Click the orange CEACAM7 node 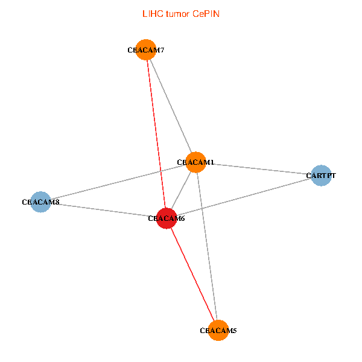pos(146,50)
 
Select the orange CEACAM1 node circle pos(196,162)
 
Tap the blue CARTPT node pos(321,176)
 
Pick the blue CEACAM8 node pos(40,202)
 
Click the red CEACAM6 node pos(166,218)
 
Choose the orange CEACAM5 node pos(218,331)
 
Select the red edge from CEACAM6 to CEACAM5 pos(192,274)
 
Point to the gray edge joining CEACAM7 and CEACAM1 pos(171,106)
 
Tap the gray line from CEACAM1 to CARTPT pos(259,169)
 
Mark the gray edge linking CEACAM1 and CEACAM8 pos(118,182)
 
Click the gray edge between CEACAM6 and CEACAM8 pos(103,210)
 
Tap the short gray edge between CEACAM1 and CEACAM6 pos(181,190)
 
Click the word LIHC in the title pos(152,13)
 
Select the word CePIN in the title pos(206,13)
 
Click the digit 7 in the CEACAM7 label pos(162,50)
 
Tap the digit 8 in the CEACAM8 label pos(57,202)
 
